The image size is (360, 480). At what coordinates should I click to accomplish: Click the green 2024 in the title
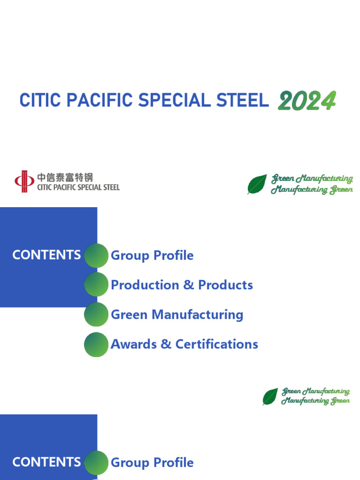tap(307, 100)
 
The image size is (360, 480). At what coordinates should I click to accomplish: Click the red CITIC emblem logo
tap(24, 181)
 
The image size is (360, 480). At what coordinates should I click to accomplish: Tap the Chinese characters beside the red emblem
tap(65, 178)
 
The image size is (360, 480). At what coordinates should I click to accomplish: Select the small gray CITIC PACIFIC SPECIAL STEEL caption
tap(78, 187)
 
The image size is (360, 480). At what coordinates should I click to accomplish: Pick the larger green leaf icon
tap(257, 184)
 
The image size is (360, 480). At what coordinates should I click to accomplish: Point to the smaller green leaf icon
tap(270, 397)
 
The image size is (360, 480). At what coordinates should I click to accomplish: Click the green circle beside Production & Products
tap(96, 285)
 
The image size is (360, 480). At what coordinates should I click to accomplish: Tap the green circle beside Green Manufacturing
tap(96, 314)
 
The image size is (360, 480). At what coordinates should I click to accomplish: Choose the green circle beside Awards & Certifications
tap(96, 344)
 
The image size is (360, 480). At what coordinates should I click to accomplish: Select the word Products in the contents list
tap(225, 285)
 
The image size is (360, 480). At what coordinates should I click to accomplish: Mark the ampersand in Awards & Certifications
tap(166, 344)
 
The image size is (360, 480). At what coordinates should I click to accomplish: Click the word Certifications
tap(217, 344)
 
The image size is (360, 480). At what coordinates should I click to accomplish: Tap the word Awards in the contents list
tap(134, 344)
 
